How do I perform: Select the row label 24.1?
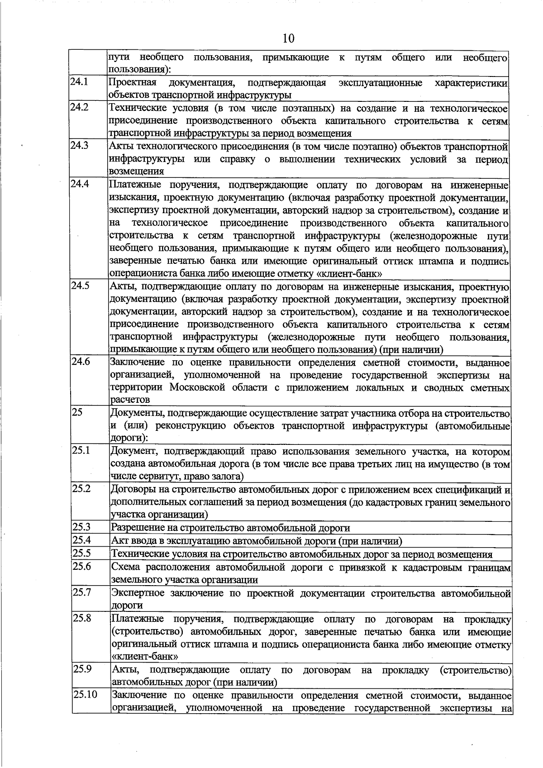(x=79, y=82)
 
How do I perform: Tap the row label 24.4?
(x=80, y=184)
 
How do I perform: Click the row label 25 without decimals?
(x=77, y=412)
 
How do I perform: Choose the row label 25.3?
(x=81, y=527)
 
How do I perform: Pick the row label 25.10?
(x=85, y=694)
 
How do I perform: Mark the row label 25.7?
(x=81, y=592)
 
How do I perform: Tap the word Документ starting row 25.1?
(x=134, y=451)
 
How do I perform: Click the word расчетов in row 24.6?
(x=130, y=400)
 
